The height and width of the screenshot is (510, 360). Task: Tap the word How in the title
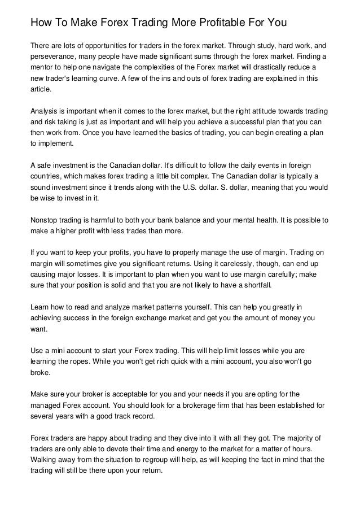point(41,23)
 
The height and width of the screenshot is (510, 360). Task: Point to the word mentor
point(43,68)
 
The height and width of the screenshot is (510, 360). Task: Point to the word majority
point(289,438)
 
